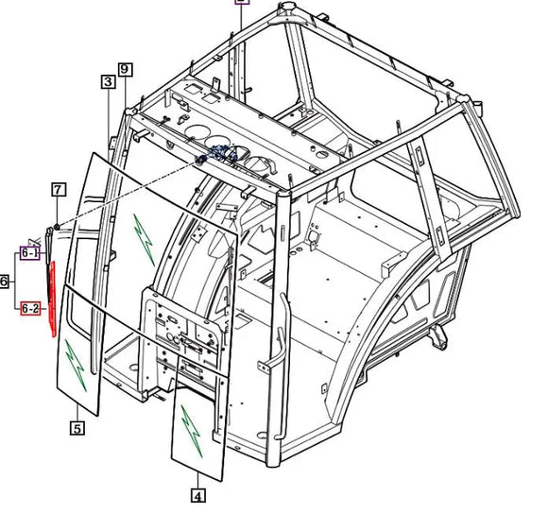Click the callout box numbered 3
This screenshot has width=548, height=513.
pyautogui.click(x=109, y=81)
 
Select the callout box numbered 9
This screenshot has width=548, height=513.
pyautogui.click(x=126, y=69)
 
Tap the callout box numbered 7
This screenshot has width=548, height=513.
pyautogui.click(x=59, y=190)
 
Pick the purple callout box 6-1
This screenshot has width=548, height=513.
pyautogui.click(x=30, y=252)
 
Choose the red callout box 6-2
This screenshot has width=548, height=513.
pyautogui.click(x=30, y=309)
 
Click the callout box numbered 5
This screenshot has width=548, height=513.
pyautogui.click(x=77, y=428)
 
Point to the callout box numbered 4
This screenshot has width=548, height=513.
pyautogui.click(x=198, y=496)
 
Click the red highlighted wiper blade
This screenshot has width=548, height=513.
pyautogui.click(x=53, y=299)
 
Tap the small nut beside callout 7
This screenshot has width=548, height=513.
pyautogui.click(x=57, y=227)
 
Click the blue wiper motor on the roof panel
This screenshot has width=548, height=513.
pyautogui.click(x=218, y=154)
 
